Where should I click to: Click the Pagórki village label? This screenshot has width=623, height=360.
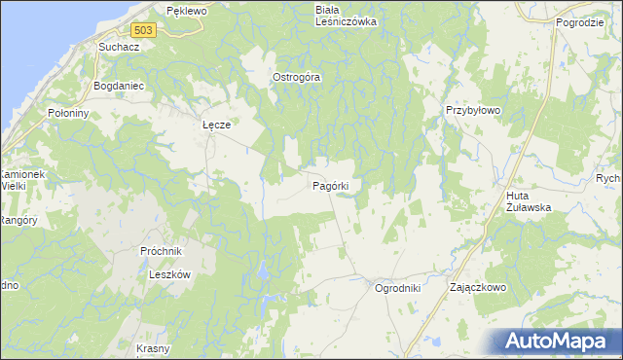pos(338,185)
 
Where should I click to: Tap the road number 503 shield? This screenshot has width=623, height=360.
pos(144,31)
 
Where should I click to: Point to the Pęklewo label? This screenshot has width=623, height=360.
pos(187,11)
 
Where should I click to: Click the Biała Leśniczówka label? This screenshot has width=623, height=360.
pos(346,16)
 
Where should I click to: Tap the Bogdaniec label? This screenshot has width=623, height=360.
pos(118,86)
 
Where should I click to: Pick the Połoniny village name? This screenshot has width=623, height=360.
pos(68,113)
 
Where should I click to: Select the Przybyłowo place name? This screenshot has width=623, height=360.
pos(473,111)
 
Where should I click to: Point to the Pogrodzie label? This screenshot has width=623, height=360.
pos(582,21)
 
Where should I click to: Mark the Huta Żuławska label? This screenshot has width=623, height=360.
pos(530,201)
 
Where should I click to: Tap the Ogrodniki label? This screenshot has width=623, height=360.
pos(397,288)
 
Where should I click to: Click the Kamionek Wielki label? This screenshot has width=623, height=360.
pos(21,177)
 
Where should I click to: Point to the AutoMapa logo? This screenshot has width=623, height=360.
pos(556,341)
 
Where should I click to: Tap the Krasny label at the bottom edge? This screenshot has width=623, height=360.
pos(154,349)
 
